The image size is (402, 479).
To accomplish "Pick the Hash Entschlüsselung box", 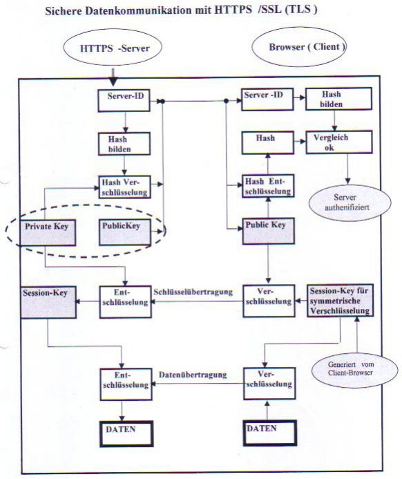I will tap(267, 185).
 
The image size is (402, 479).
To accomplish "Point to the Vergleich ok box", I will tap(338, 143).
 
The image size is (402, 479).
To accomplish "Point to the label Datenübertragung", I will tap(184, 374).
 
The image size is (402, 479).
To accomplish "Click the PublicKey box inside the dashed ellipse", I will tap(122, 232).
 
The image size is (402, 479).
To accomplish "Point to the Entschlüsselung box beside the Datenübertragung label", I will tap(124, 378).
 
